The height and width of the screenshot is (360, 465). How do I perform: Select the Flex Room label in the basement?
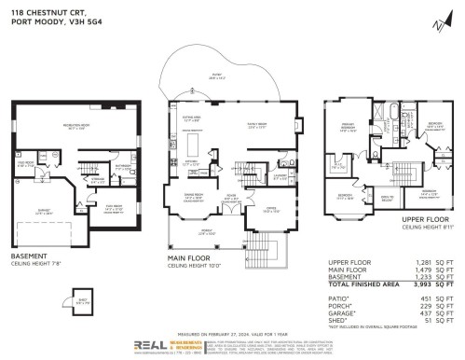click(x=114, y=208)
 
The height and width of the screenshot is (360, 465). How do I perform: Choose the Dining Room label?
click(x=194, y=198)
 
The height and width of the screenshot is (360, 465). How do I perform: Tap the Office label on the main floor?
click(x=270, y=209)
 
